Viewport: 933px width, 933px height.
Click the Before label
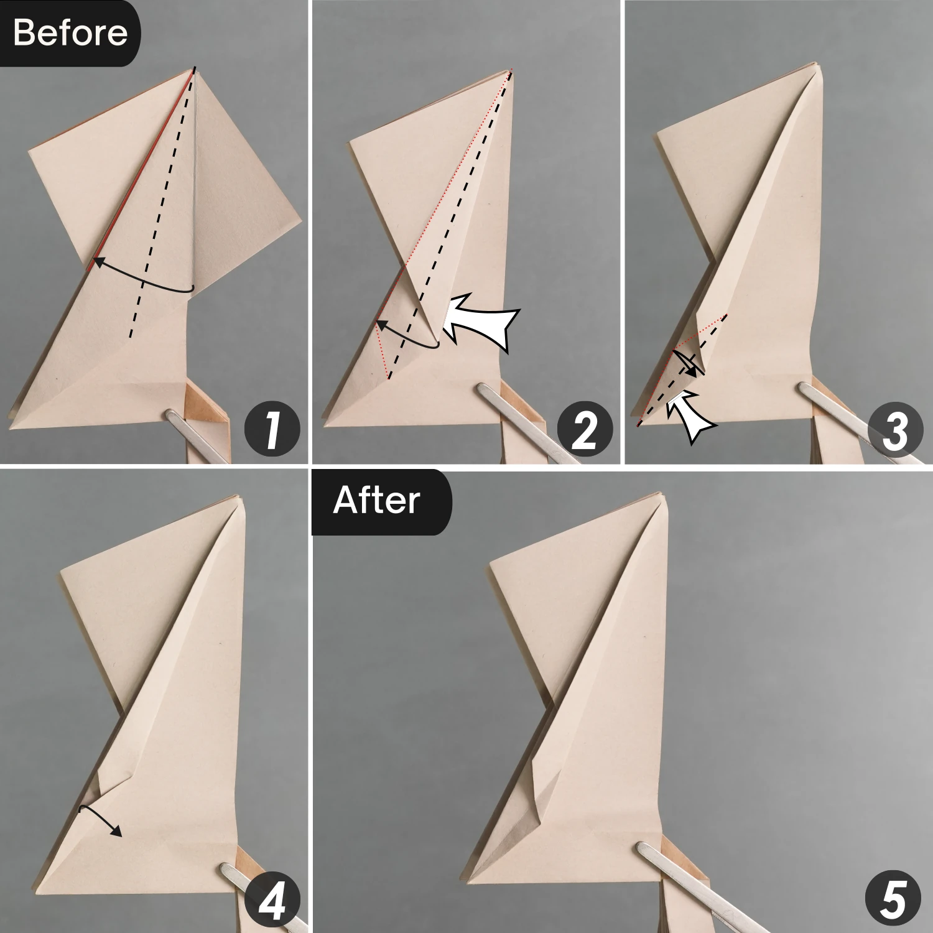(x=70, y=32)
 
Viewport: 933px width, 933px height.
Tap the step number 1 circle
(x=272, y=430)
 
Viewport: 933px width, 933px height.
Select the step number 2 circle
(x=584, y=430)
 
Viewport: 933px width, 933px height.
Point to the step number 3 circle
(x=895, y=430)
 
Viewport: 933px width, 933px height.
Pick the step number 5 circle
(x=893, y=899)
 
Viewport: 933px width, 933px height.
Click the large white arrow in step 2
(x=482, y=320)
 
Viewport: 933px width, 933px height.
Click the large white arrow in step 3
(x=690, y=417)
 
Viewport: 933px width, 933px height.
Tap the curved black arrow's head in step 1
(x=97, y=261)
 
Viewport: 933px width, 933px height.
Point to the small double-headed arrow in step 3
(x=687, y=364)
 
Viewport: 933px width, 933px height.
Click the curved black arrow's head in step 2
(x=379, y=325)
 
